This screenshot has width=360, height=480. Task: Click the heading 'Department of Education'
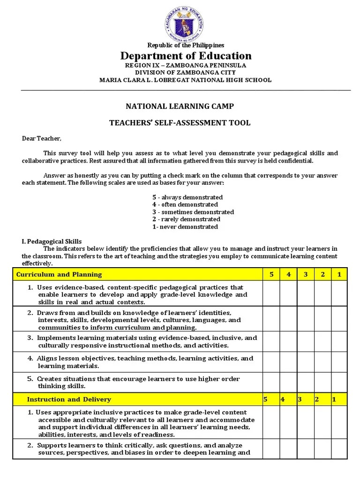tap(186, 56)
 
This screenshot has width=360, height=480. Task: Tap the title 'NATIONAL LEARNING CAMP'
tap(180, 106)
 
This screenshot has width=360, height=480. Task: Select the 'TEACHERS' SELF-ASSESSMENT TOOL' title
tap(180, 123)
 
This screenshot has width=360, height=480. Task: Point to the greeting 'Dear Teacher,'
tap(41, 139)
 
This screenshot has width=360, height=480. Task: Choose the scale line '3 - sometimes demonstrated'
tap(193, 212)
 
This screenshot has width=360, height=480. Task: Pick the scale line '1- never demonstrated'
tap(185, 227)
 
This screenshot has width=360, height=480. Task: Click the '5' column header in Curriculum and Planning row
tap(271, 274)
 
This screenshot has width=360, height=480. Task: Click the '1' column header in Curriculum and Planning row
tap(339, 274)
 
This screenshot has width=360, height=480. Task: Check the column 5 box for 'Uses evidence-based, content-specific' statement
tap(271, 294)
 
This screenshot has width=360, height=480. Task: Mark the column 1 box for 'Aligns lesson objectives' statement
tap(339, 362)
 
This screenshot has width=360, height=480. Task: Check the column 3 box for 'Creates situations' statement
tap(305, 382)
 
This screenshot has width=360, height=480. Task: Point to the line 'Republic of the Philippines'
tap(186, 45)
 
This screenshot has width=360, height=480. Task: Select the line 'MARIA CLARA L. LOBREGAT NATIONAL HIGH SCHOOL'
tap(185, 80)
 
